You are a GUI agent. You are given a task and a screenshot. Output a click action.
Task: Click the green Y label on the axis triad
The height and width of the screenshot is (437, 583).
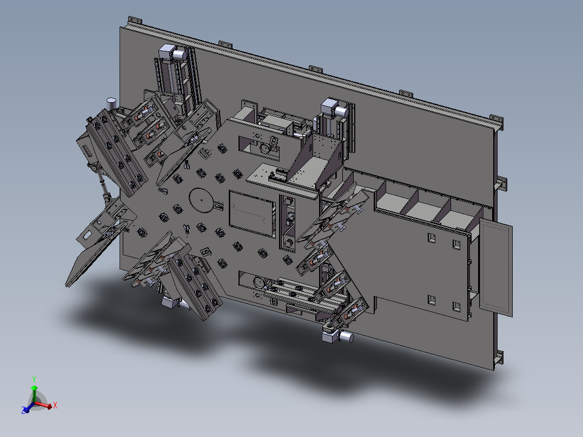coord(34,380)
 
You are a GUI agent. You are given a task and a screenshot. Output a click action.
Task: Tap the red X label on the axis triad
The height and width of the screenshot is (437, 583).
coord(55,405)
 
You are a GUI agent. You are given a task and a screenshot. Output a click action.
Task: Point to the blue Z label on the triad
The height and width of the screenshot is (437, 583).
coord(23,410)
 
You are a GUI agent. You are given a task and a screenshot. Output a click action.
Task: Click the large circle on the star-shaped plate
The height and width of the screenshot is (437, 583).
coord(202,200)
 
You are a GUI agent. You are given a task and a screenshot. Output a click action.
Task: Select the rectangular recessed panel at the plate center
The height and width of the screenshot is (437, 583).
coord(253,214)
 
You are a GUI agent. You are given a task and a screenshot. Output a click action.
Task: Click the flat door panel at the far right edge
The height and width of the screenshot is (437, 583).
coord(495,267)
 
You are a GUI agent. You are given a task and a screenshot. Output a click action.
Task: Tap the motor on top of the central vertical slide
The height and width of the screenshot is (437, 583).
coord(334,108)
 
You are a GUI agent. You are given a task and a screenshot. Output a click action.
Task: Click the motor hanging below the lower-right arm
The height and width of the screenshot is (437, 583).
coord(337,336)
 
